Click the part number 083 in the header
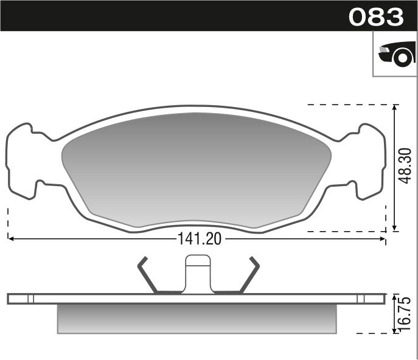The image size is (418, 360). pyautogui.click(x=376, y=16)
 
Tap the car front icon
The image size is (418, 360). pyautogui.click(x=397, y=54)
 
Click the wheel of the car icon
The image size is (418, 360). pyautogui.click(x=402, y=58)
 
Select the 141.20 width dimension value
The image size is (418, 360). pyautogui.click(x=200, y=239)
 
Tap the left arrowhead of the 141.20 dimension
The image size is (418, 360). pyautogui.click(x=11, y=238)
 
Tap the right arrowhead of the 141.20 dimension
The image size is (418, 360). pyautogui.click(x=383, y=238)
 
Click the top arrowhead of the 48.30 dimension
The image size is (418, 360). pyautogui.click(x=395, y=108)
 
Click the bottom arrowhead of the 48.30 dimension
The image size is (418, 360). pyautogui.click(x=395, y=228)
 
